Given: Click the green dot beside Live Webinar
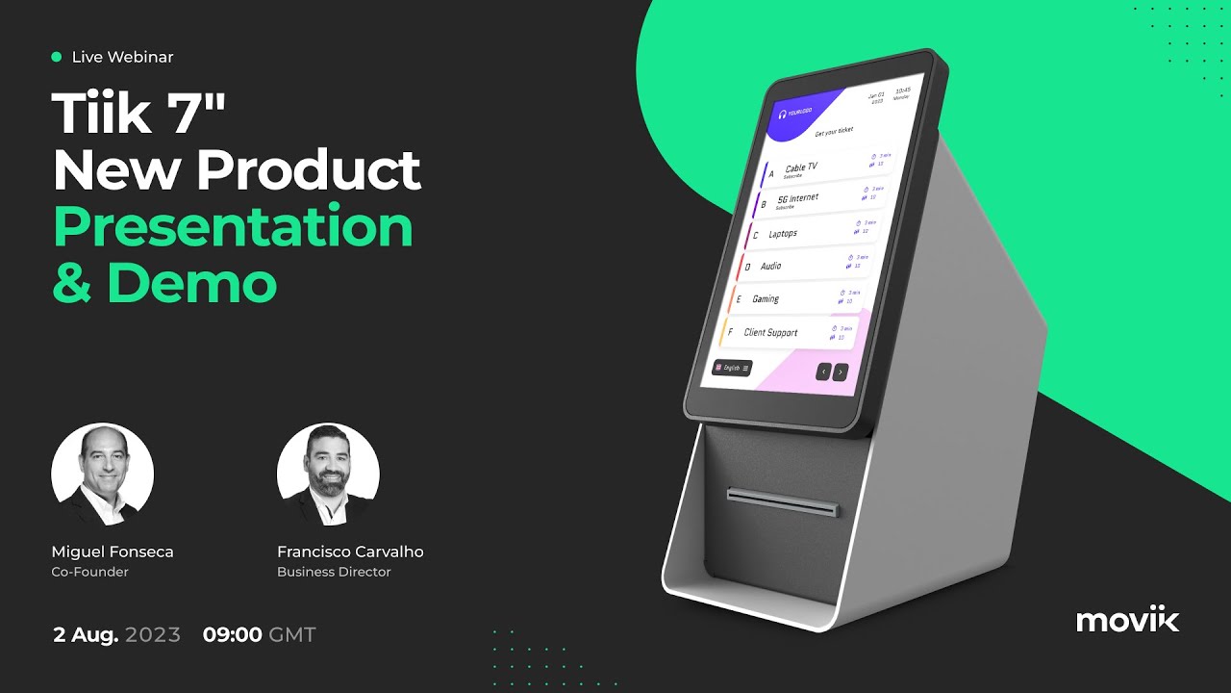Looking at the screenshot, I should (57, 57).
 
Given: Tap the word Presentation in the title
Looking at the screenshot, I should (233, 227).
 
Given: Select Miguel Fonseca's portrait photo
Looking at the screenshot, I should (102, 475).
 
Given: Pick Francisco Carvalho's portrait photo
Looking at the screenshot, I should (328, 475).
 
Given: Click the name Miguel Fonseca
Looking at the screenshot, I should (113, 552).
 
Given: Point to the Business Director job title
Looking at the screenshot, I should (334, 572).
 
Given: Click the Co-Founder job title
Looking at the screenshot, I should (89, 572).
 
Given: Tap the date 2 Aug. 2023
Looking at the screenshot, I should (116, 634).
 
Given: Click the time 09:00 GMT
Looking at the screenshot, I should (259, 634).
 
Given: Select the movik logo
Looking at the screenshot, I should (1127, 620).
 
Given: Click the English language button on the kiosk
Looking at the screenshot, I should (731, 368).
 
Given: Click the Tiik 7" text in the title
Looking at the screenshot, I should (138, 114).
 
